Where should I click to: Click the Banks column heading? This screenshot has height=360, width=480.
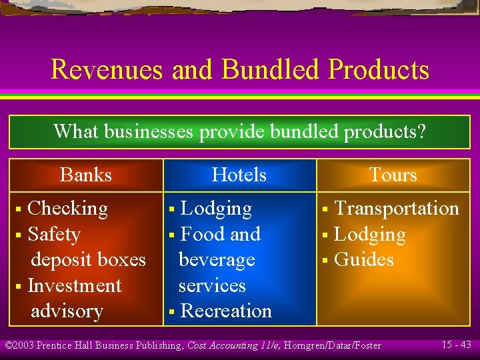[86, 175]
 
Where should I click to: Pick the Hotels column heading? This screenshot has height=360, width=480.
[239, 175]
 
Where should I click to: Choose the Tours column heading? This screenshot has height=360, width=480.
[393, 175]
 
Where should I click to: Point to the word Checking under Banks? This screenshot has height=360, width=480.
[68, 209]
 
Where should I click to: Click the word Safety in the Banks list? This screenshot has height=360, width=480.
[54, 235]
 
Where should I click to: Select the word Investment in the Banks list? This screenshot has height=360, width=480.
[75, 286]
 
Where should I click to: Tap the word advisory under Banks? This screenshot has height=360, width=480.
[67, 311]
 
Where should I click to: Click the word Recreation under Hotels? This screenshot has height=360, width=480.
[226, 311]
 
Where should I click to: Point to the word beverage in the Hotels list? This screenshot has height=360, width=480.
[217, 260]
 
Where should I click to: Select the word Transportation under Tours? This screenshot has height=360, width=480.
[397, 209]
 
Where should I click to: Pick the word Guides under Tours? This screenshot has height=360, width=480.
[365, 260]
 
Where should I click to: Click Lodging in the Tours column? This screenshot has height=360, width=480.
[370, 235]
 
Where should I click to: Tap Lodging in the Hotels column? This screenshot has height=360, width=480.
[217, 209]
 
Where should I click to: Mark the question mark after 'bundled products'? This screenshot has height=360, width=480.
[420, 131]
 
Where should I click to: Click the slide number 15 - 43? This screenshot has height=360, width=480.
[456, 345]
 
